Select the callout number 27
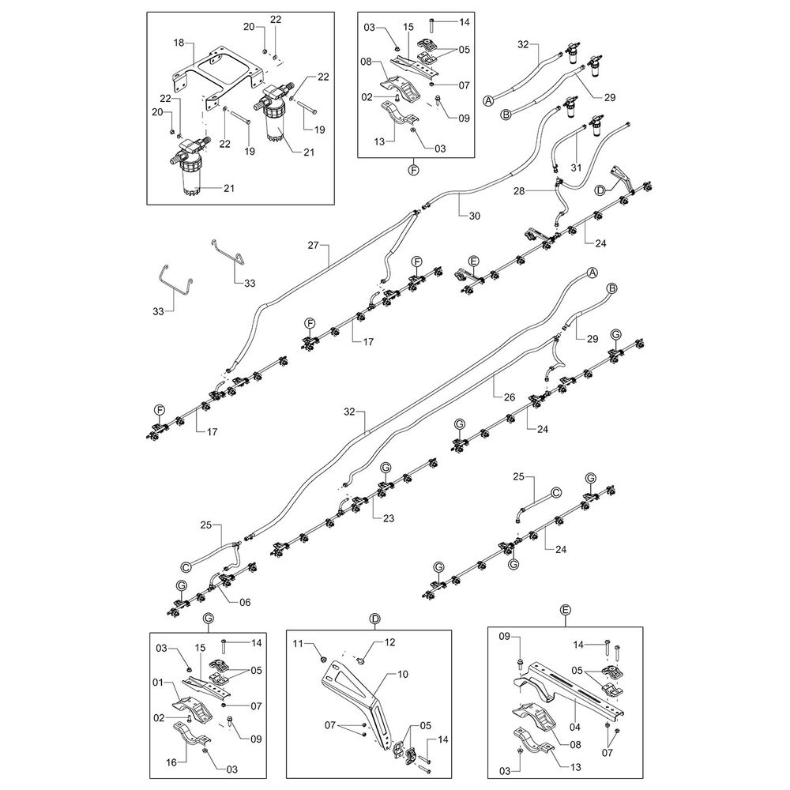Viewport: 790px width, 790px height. point(314,246)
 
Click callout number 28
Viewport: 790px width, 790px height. point(540,191)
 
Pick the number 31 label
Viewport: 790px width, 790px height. point(576,167)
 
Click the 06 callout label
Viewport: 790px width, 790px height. point(244,602)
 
